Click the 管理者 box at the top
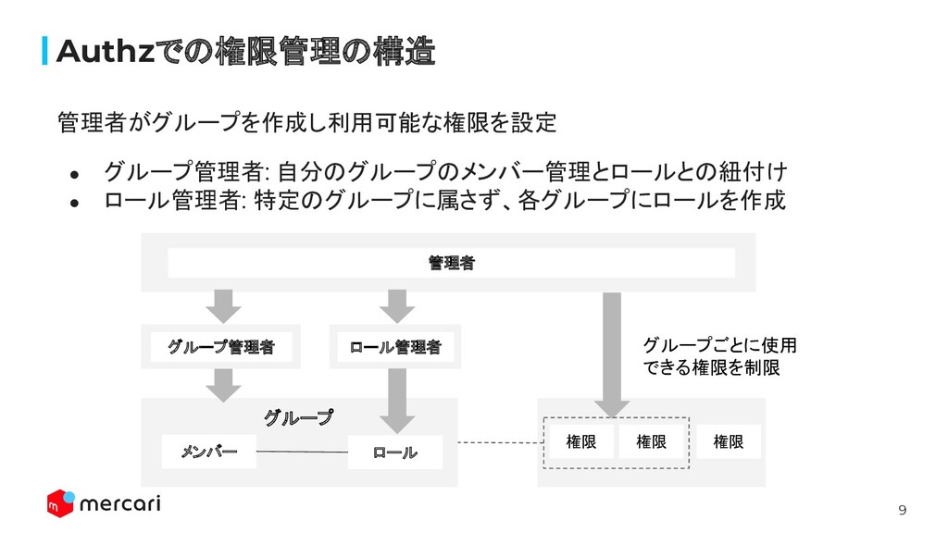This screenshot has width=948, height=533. point(451,263)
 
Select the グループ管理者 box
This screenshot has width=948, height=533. point(221,347)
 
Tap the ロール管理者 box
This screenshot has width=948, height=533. point(395,347)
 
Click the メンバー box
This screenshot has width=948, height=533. point(208,451)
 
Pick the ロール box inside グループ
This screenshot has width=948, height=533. point(395,452)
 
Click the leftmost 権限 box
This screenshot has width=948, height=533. point(581,442)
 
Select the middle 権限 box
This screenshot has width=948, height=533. point(651,442)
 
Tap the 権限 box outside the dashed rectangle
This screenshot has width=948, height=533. point(729,442)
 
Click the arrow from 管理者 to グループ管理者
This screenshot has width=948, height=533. point(221,304)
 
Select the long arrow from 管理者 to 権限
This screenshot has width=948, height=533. point(610,352)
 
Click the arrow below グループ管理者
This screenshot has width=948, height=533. point(221,383)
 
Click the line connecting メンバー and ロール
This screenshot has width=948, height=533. point(302,452)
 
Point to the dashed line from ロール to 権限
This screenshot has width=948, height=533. point(498,442)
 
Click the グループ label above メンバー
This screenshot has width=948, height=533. point(298,418)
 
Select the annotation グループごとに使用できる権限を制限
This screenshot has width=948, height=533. point(718,357)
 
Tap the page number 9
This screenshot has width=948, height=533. point(904,511)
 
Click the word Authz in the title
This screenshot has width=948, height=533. point(103,52)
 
